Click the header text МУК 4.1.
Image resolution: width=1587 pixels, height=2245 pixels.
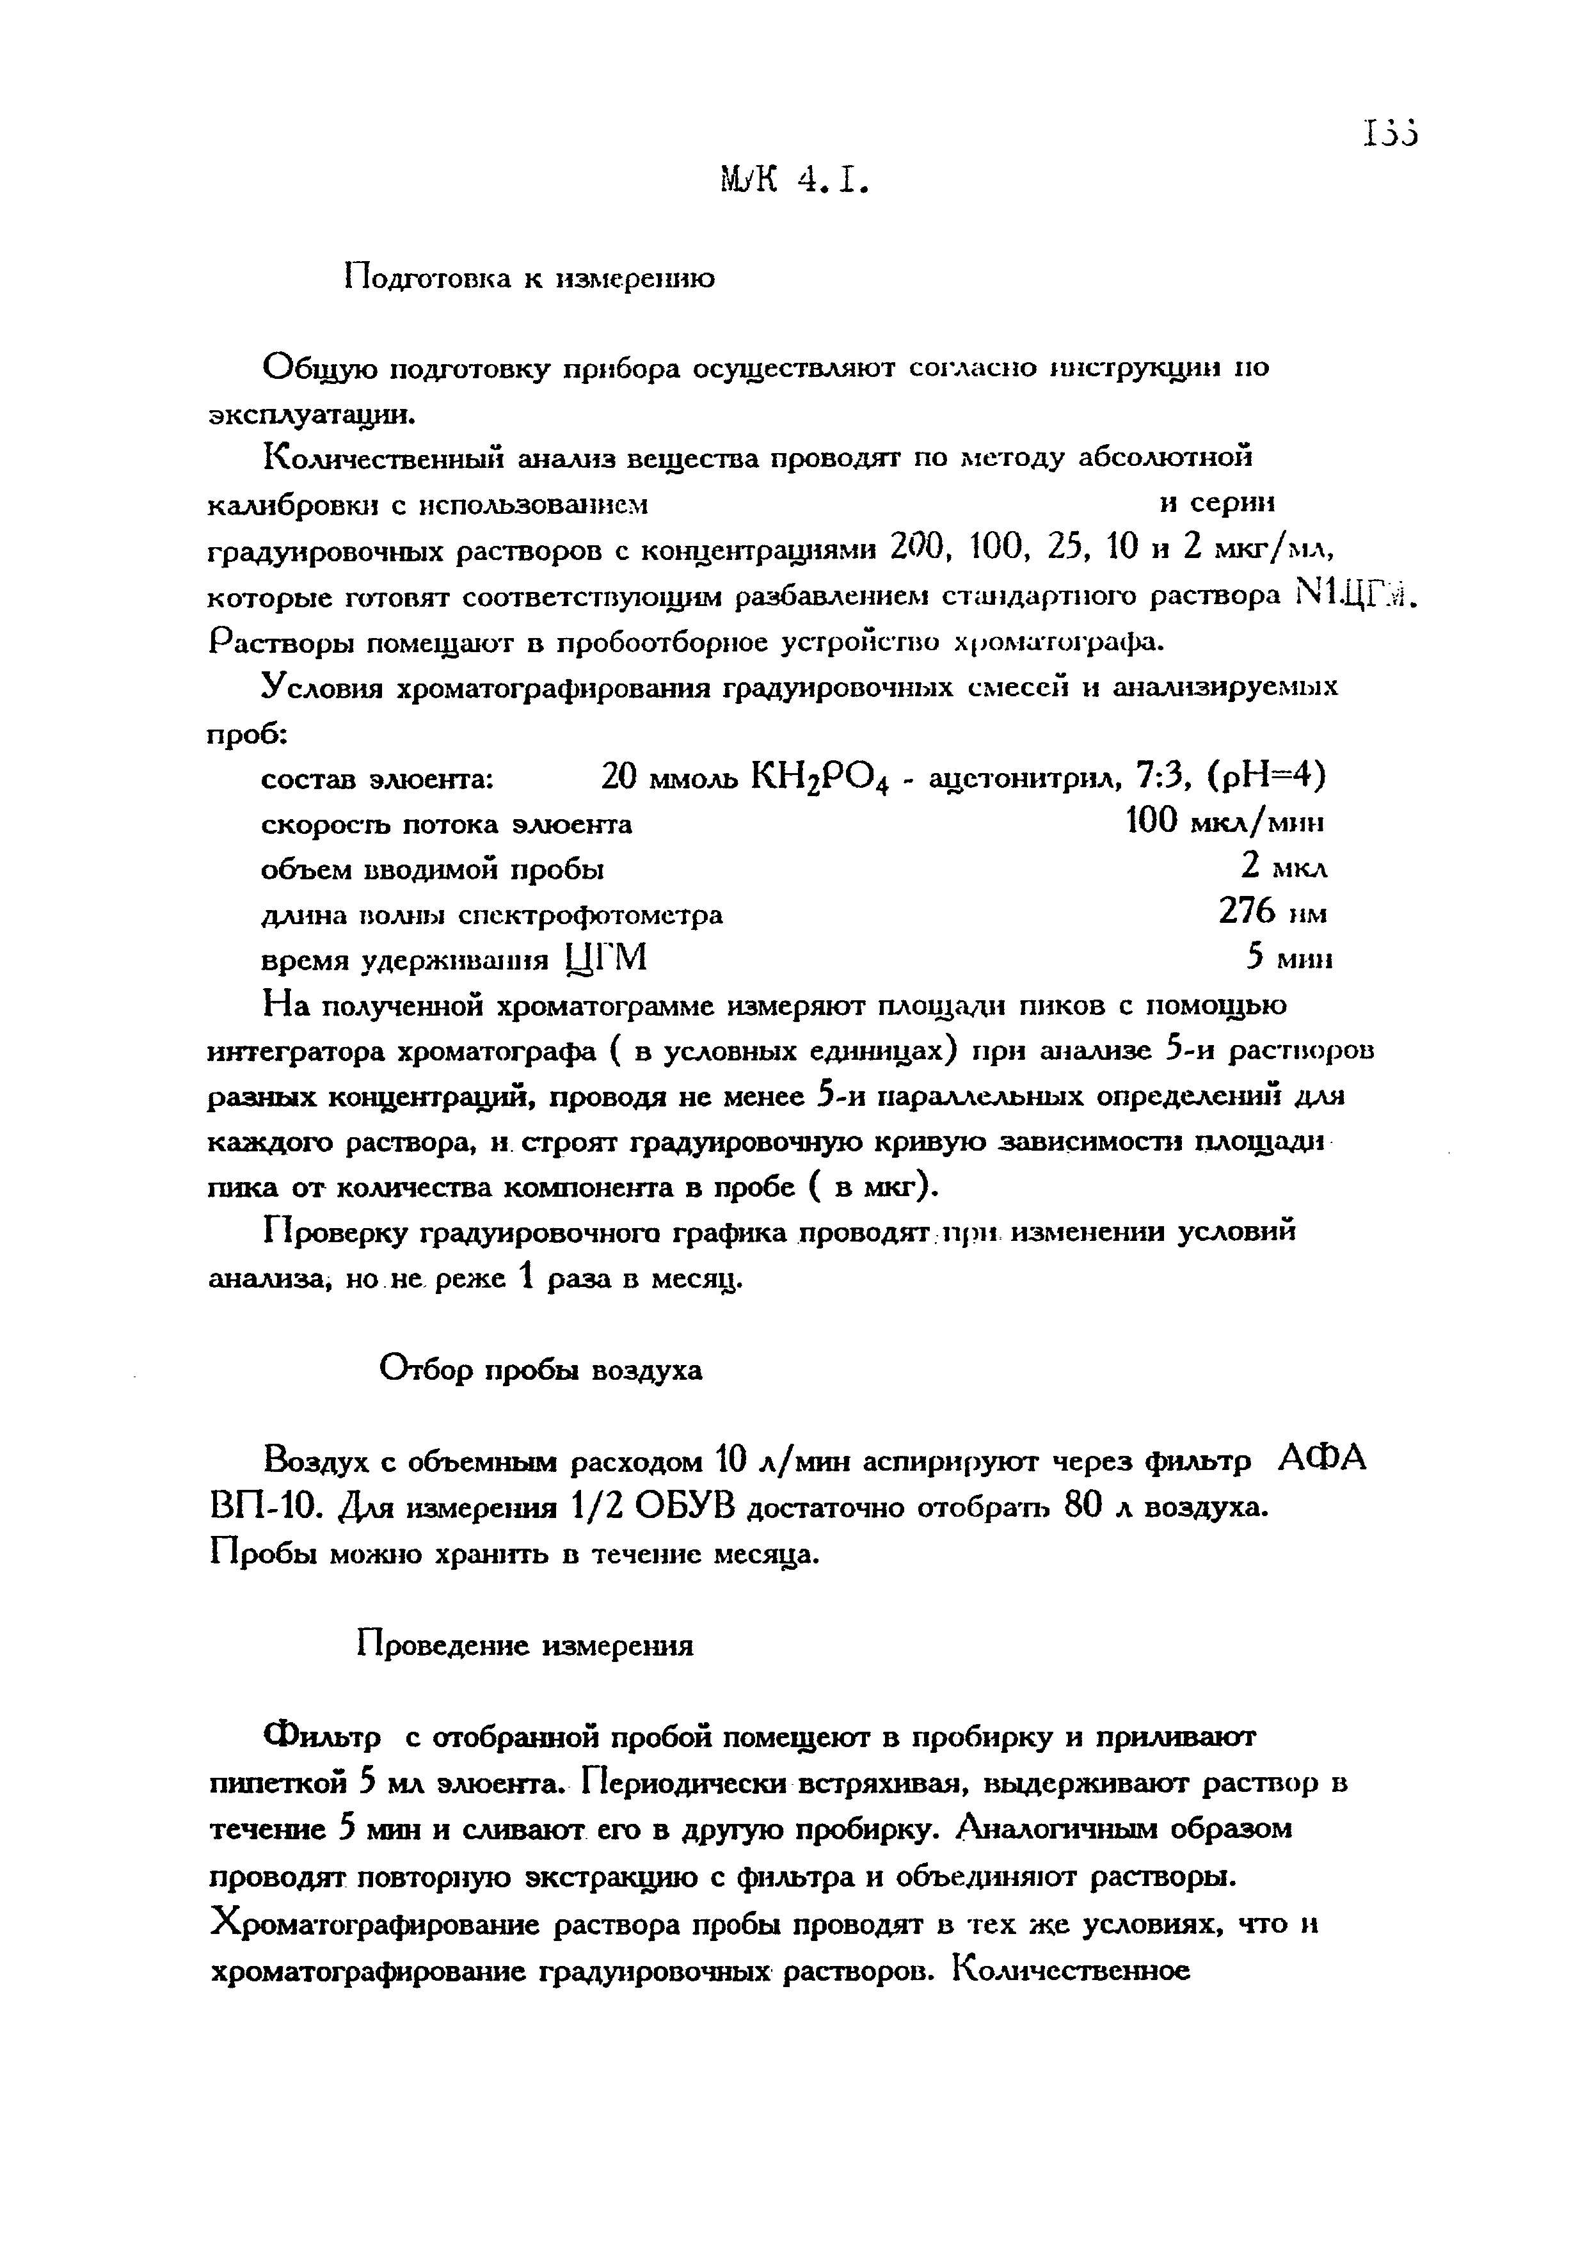793,179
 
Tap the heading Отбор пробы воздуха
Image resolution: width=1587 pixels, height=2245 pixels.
539,1370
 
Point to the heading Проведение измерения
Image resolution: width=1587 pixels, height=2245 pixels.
524,1645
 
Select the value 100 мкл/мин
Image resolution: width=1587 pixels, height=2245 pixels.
1225,822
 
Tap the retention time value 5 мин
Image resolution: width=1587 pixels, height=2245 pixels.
1289,959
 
